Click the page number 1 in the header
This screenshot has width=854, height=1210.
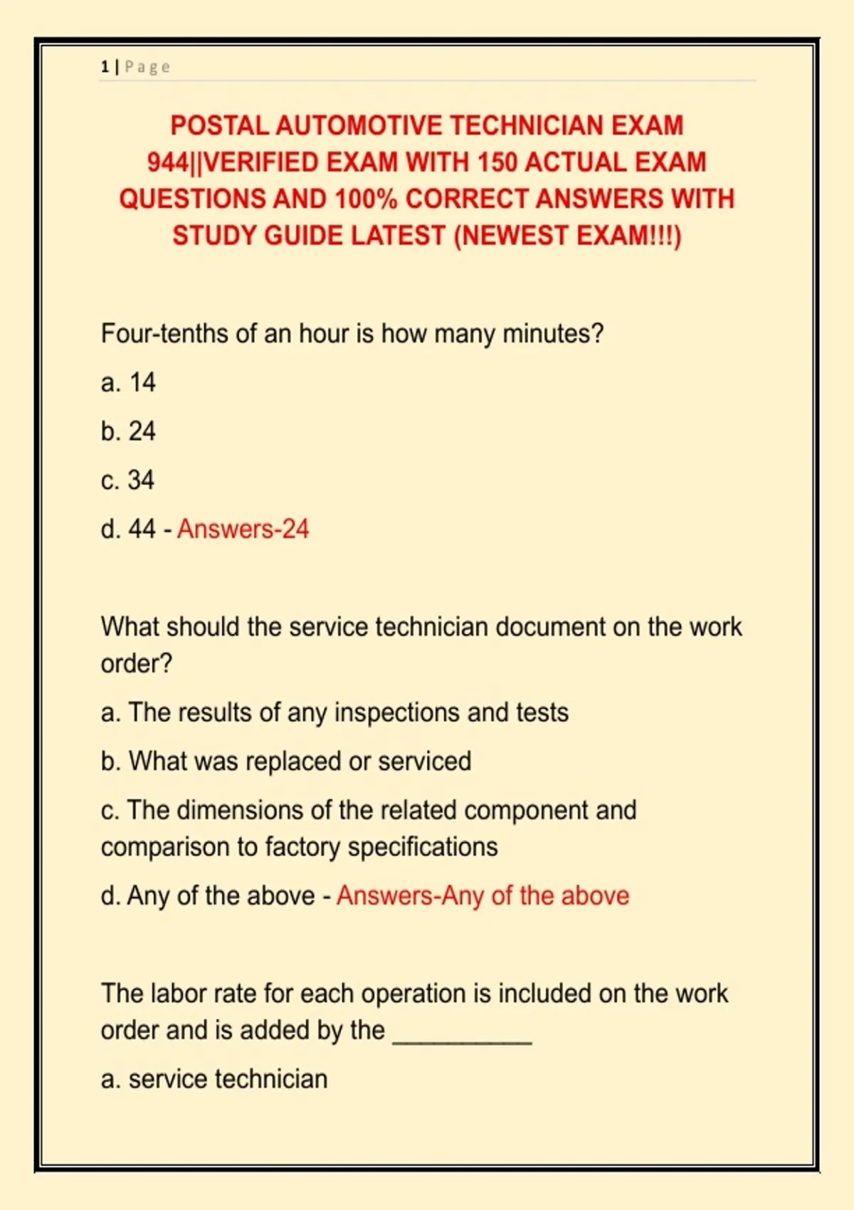point(105,67)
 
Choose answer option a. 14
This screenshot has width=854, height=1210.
point(128,383)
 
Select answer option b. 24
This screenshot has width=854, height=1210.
point(128,431)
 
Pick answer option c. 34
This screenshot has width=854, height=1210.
point(128,480)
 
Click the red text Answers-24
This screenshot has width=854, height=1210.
point(243,530)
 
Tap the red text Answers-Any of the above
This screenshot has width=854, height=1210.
point(483,896)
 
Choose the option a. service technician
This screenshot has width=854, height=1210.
point(214,1079)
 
